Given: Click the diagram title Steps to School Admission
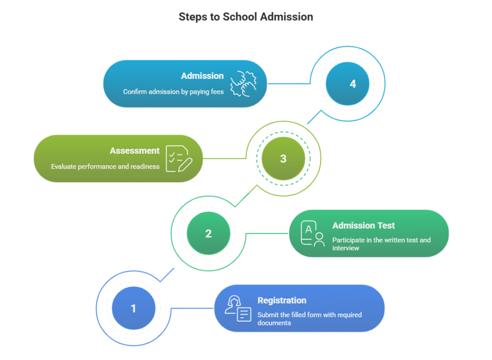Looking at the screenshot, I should (246, 17).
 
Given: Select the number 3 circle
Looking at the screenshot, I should (283, 159).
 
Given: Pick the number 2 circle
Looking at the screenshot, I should (208, 234).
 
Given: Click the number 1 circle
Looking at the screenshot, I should (134, 308).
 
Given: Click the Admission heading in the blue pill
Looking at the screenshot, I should (202, 76).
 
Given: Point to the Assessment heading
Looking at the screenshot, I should (135, 151).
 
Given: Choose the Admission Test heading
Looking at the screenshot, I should (363, 225).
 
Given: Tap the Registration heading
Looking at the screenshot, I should (282, 300).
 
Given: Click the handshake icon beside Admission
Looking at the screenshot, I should (243, 83).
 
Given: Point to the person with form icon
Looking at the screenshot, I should (238, 309).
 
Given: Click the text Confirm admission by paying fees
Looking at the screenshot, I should (173, 92).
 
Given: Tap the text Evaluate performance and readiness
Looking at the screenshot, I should (105, 167).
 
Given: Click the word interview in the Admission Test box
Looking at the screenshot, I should (345, 248).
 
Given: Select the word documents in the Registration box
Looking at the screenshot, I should (274, 323).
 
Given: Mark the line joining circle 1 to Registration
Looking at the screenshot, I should (192, 308).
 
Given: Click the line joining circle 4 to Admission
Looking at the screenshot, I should (288, 84).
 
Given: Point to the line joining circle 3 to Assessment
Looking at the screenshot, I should (223, 159).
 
